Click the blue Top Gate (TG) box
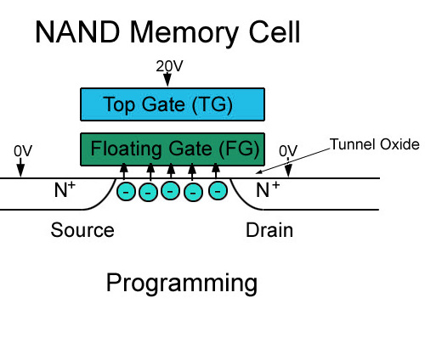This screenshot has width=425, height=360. [x=173, y=104]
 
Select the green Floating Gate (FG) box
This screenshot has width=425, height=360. [x=173, y=149]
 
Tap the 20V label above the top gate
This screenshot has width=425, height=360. [x=169, y=66]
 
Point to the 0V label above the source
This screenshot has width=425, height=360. [x=23, y=151]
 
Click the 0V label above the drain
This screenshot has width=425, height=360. [x=288, y=151]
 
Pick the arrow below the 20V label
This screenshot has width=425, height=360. [x=167, y=79]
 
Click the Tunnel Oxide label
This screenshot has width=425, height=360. [x=375, y=144]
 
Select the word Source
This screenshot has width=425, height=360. [x=82, y=230]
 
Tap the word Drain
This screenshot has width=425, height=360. [x=269, y=230]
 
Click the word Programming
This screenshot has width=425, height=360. [x=182, y=284]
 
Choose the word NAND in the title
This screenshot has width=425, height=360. [x=77, y=32]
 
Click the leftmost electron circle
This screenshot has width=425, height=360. [x=126, y=192]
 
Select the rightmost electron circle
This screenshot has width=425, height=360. [x=218, y=190]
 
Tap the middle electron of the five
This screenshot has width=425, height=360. [x=170, y=190]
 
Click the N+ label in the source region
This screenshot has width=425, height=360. [x=65, y=189]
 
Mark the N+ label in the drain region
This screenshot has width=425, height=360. [x=268, y=189]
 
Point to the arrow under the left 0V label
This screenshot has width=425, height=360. [x=20, y=167]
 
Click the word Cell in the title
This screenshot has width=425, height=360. [x=275, y=32]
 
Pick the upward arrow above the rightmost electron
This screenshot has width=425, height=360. [x=216, y=171]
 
